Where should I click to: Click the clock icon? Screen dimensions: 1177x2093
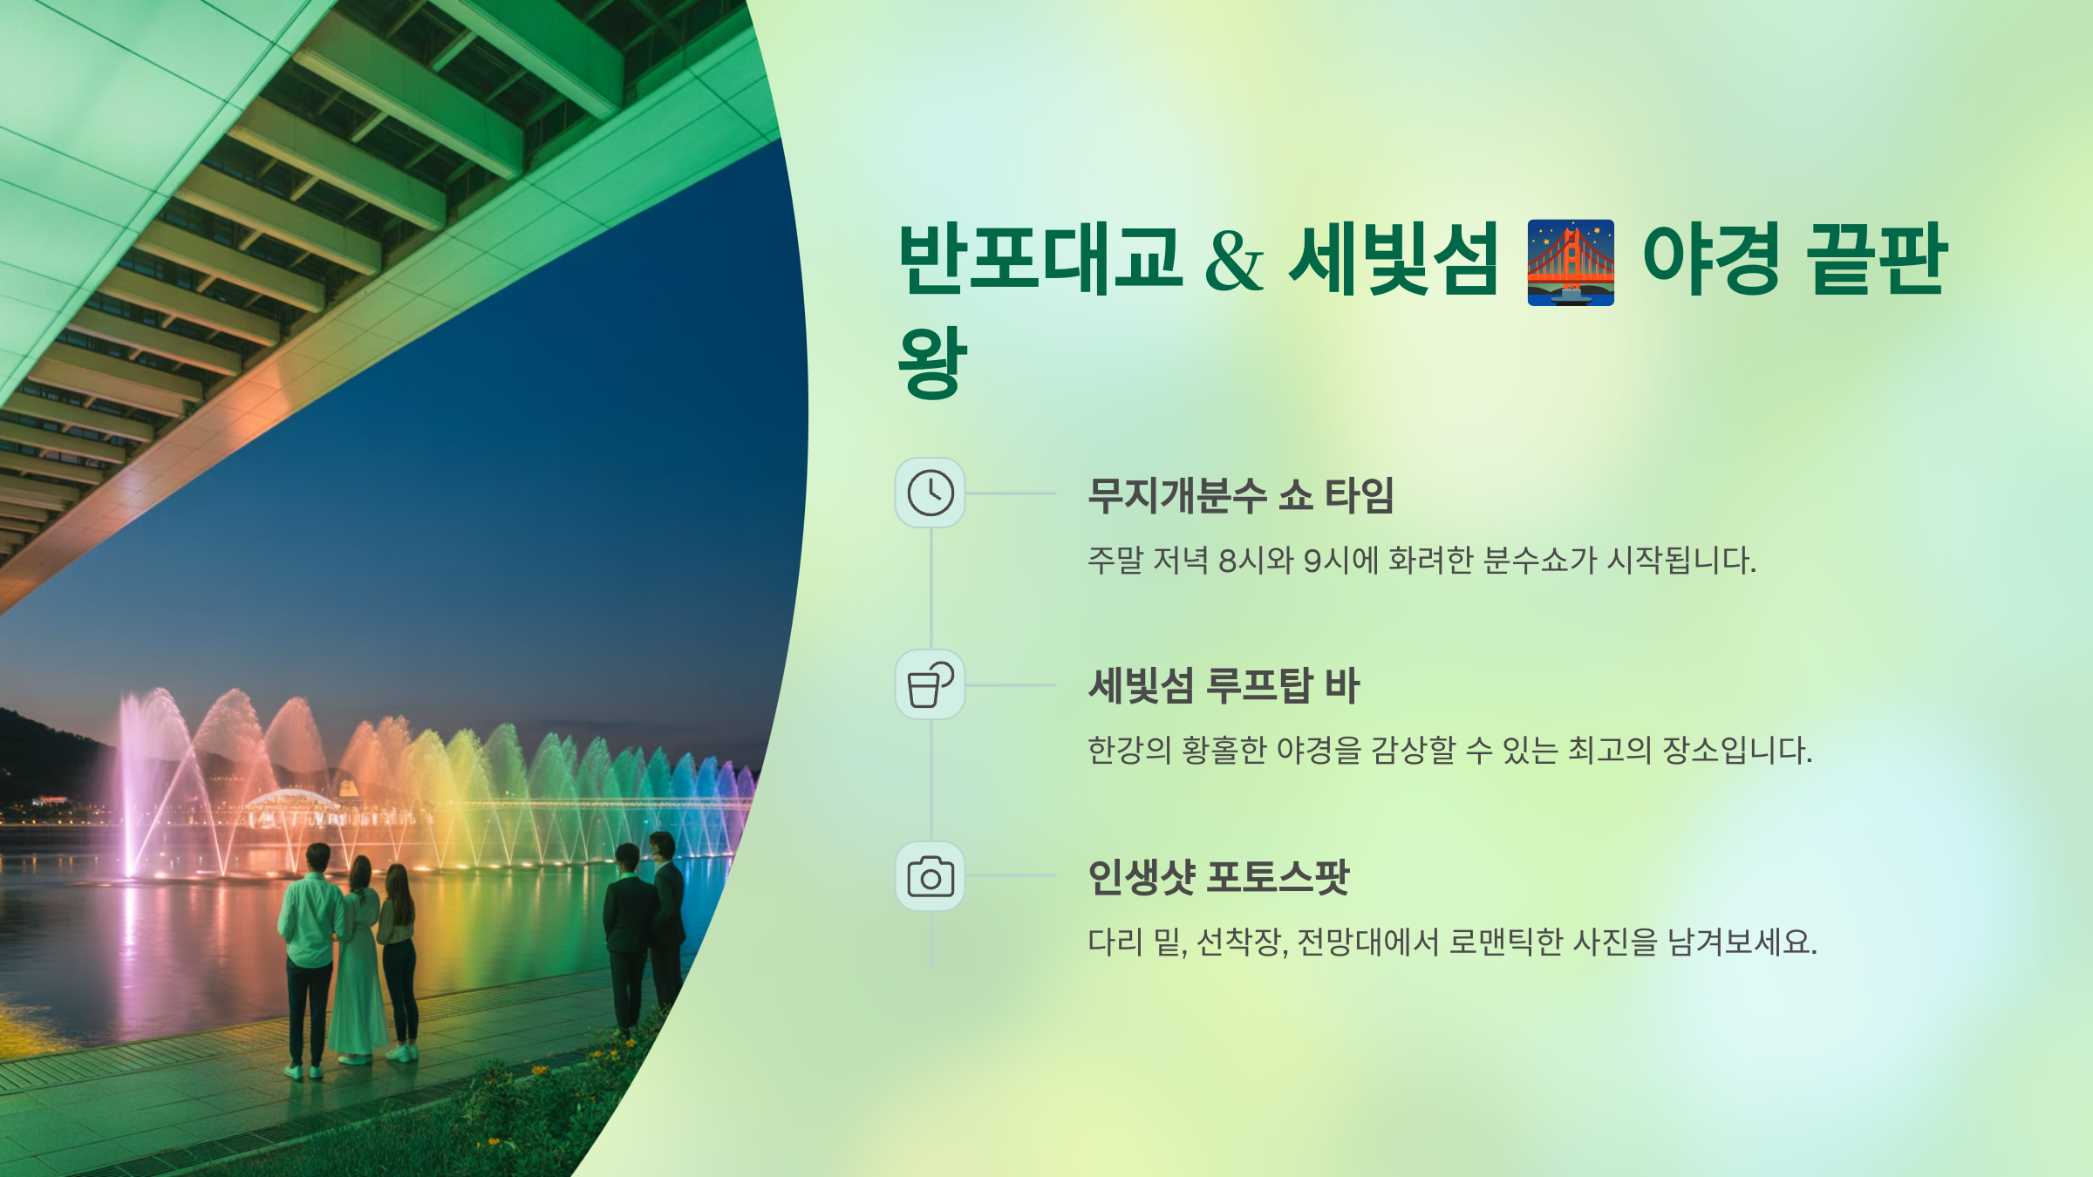[x=931, y=493]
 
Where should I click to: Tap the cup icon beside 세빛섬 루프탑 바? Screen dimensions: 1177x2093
[x=931, y=685]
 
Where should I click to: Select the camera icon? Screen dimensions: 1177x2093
[x=931, y=876]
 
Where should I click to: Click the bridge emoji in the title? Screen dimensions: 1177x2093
[x=1571, y=262]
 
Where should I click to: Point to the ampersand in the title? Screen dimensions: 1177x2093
[x=1234, y=262]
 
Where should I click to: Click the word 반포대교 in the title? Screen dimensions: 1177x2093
[x=1040, y=259]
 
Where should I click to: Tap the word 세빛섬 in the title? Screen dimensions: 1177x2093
[x=1394, y=259]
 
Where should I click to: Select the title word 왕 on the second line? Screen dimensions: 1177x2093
[x=932, y=363]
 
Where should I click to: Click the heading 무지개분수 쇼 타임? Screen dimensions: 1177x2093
[x=1240, y=496]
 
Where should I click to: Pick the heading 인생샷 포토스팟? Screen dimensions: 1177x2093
[x=1218, y=877]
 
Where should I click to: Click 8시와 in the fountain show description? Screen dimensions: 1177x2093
[x=1256, y=561]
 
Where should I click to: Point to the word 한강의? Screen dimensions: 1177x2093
[x=1129, y=751]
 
